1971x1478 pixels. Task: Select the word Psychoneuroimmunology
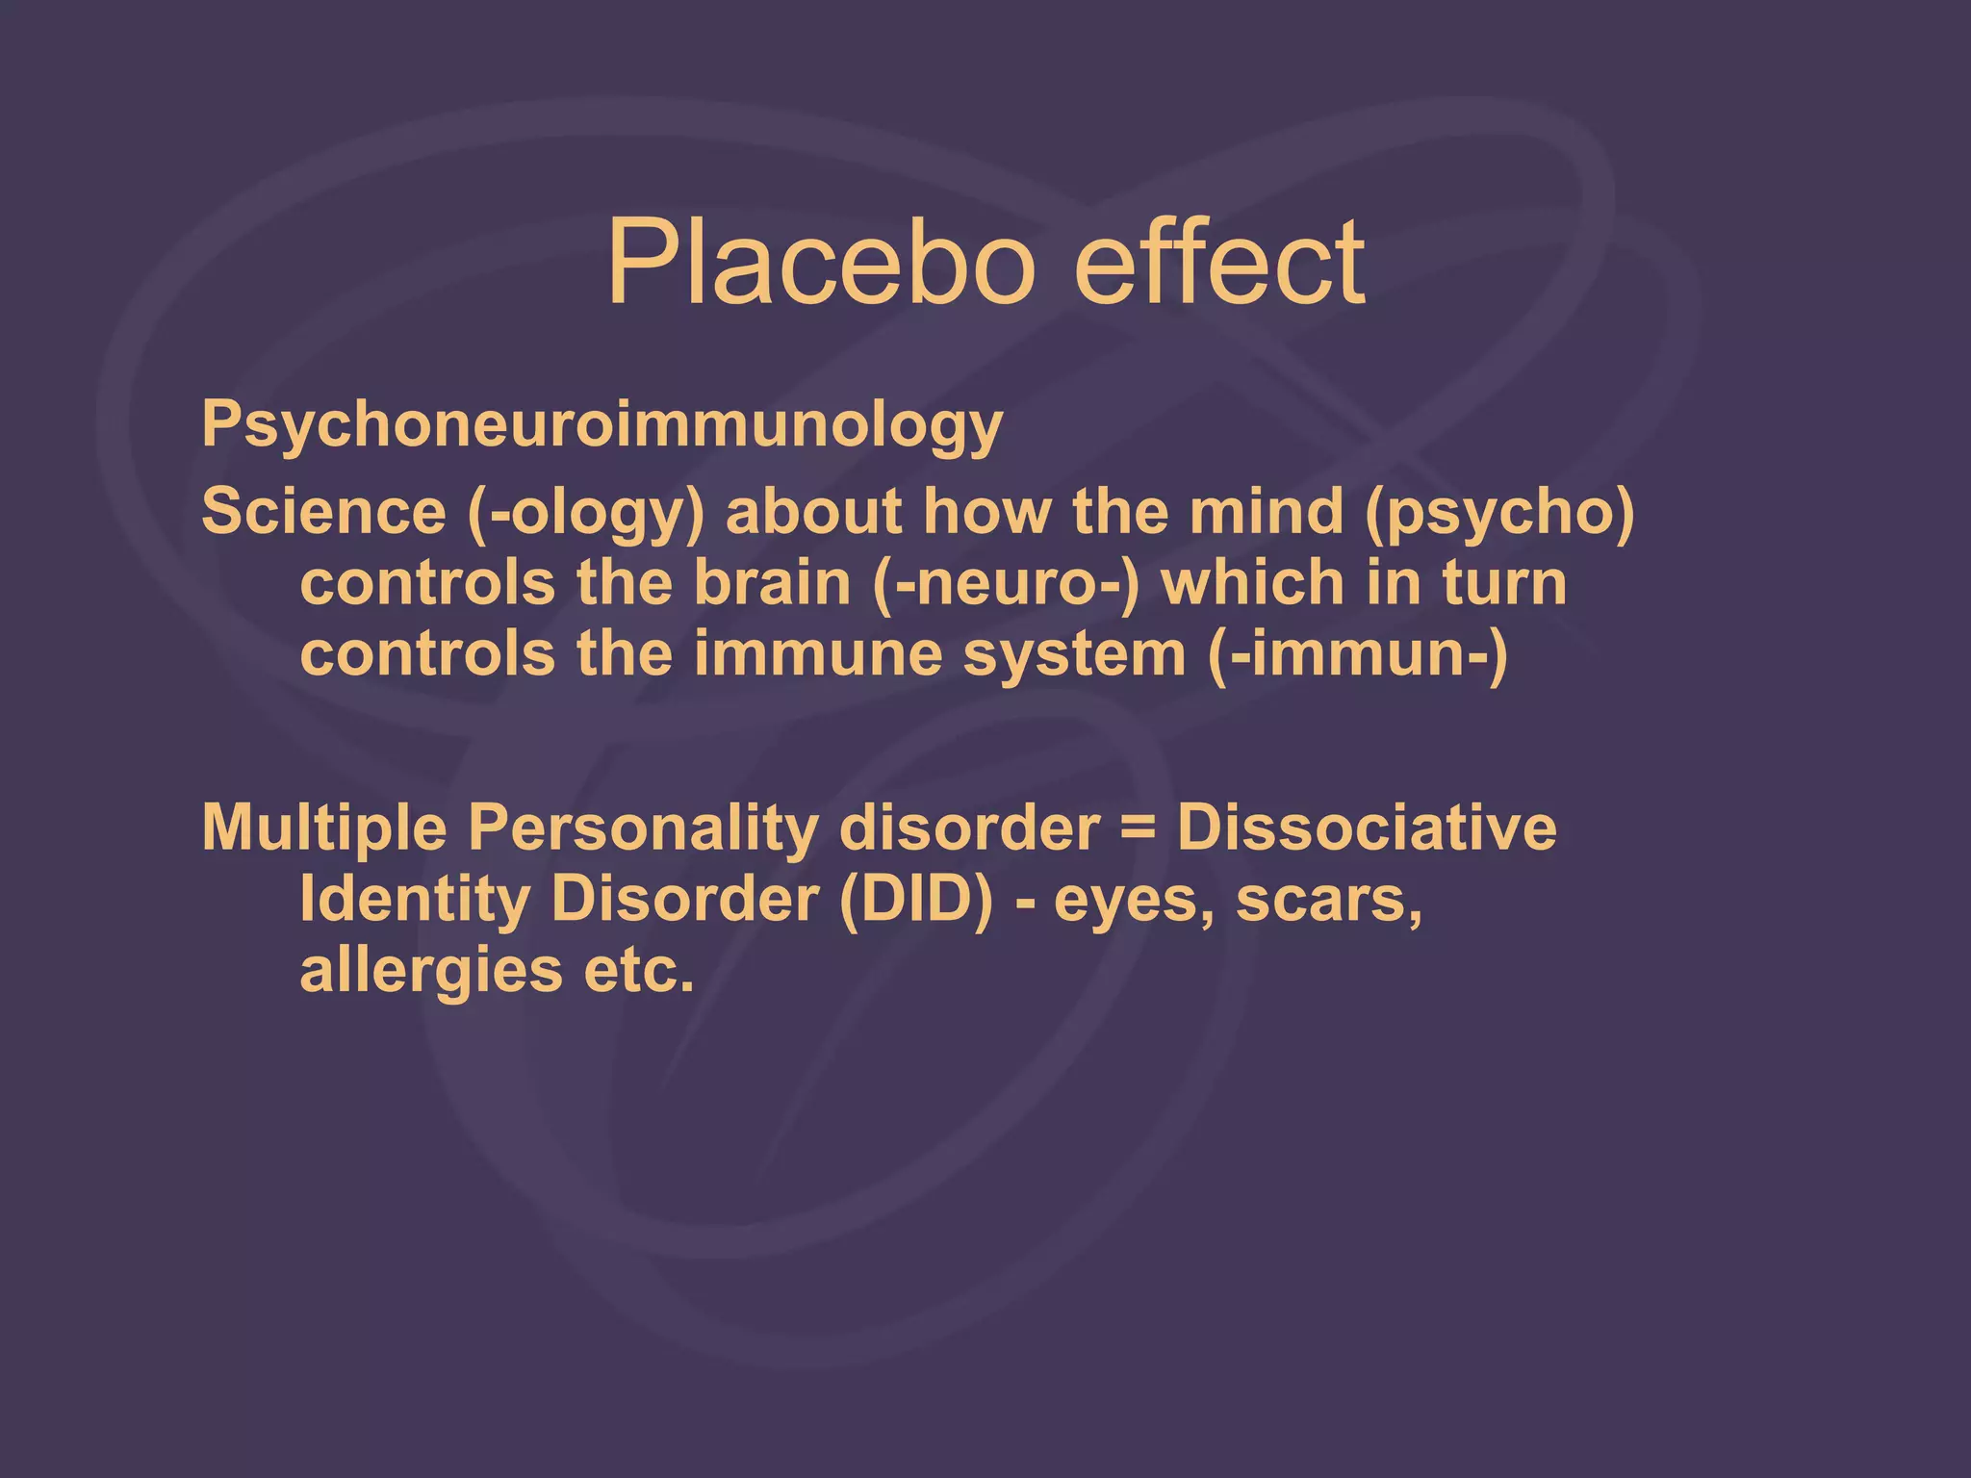coord(602,425)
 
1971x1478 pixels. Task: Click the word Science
coord(323,511)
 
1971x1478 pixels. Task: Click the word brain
coord(772,583)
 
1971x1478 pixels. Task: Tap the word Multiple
coord(324,828)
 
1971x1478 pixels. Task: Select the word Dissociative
coord(1366,828)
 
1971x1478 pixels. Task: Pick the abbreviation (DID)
coord(915,901)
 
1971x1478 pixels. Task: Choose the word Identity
coord(414,901)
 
